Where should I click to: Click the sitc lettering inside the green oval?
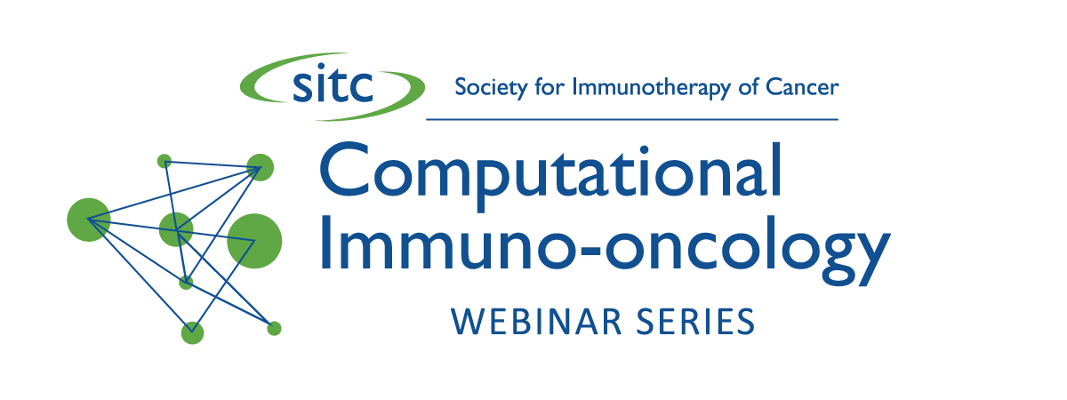[333, 85]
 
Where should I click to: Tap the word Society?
[491, 88]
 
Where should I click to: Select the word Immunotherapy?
[651, 88]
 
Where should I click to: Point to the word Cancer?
[802, 87]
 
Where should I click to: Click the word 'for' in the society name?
[550, 87]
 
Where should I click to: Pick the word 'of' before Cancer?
[748, 87]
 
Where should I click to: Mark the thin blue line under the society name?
[632, 119]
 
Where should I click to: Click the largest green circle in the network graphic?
[254, 241]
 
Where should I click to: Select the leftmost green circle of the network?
[89, 220]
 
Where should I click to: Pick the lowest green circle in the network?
[192, 332]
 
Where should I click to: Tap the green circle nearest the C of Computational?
[260, 167]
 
